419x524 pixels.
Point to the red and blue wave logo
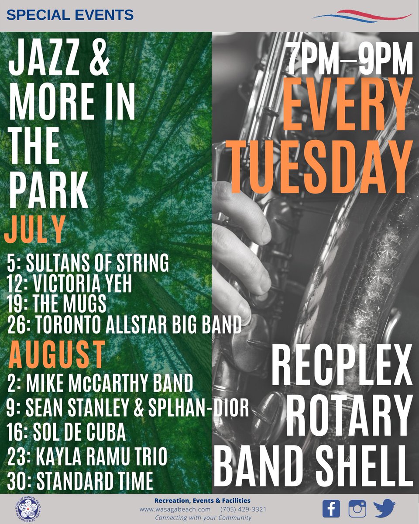(x=362, y=16)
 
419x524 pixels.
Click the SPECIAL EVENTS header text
(x=70, y=15)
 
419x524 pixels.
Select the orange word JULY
(x=35, y=232)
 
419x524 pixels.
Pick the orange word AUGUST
(x=57, y=355)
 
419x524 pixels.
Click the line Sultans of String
(x=88, y=264)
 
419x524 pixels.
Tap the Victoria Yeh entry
(x=69, y=285)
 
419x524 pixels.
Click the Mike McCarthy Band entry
(x=100, y=383)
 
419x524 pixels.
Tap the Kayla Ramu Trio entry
(x=87, y=457)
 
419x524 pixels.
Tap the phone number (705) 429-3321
(x=244, y=509)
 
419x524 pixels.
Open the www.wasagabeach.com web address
(x=175, y=509)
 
